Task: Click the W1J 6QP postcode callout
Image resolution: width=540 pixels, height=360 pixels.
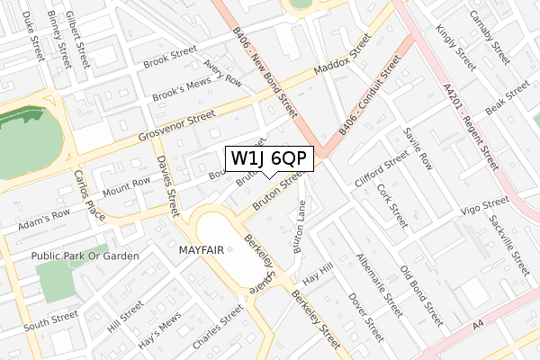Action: point(269,158)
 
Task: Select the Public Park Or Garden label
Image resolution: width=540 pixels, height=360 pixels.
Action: point(85,256)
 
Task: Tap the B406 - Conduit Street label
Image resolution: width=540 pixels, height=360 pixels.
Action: point(369,95)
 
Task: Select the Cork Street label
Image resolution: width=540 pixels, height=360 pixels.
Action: point(392,204)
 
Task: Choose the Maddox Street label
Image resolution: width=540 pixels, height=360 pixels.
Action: point(341,58)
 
